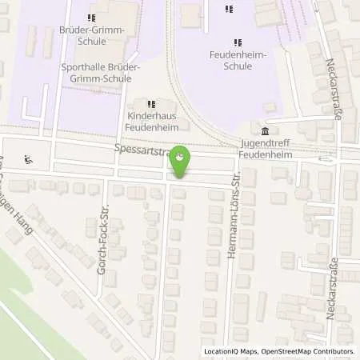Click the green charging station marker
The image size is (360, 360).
(x=182, y=159)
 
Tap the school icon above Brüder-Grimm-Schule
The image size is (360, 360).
(x=91, y=18)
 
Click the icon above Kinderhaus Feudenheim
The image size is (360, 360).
(x=150, y=104)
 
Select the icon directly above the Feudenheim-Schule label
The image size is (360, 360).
(x=236, y=42)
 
